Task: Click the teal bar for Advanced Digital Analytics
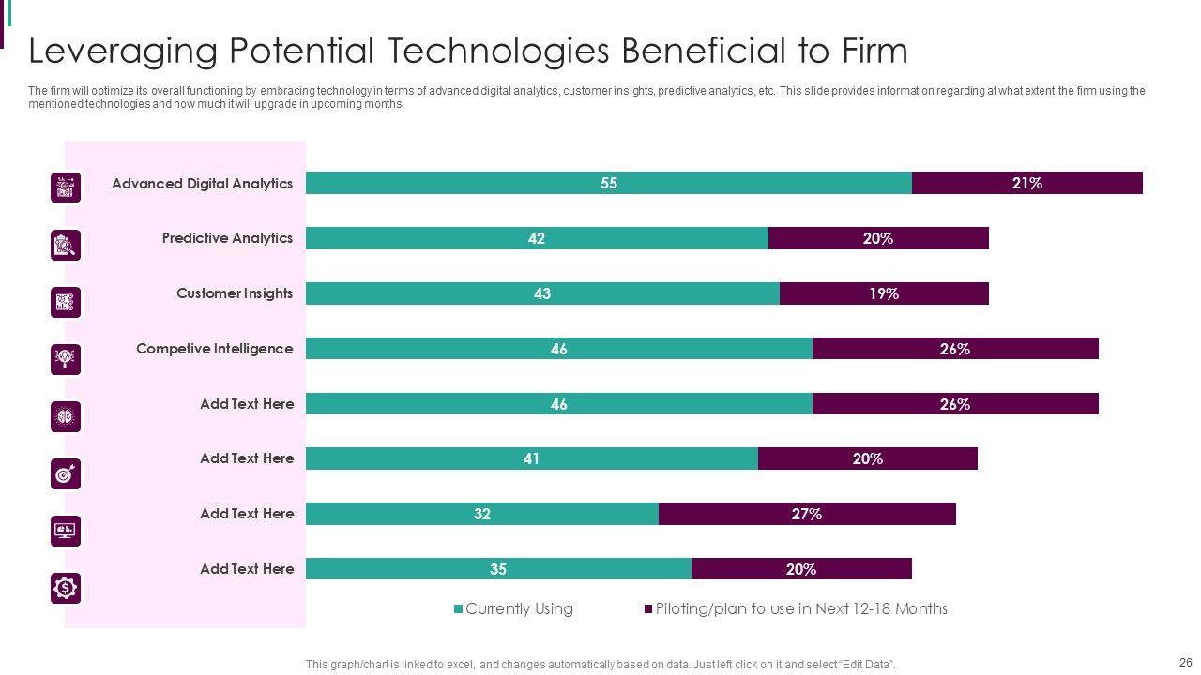[x=608, y=183]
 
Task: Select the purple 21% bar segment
[x=1026, y=183]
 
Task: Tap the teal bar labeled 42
[x=537, y=238]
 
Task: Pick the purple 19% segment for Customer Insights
[x=883, y=293]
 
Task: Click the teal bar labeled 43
[x=542, y=293]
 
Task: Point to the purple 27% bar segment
[x=806, y=514]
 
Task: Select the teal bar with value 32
[x=482, y=514]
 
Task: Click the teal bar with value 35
[x=498, y=569]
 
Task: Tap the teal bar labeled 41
[x=531, y=458]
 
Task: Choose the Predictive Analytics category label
[x=227, y=238]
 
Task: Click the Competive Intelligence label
[x=214, y=349]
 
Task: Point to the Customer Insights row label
[x=235, y=293]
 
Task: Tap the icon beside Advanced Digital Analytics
[x=66, y=187]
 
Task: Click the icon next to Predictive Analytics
[x=66, y=245]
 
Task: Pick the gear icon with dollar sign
[x=66, y=588]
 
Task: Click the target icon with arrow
[x=66, y=473]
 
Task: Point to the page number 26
[x=1184, y=661]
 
